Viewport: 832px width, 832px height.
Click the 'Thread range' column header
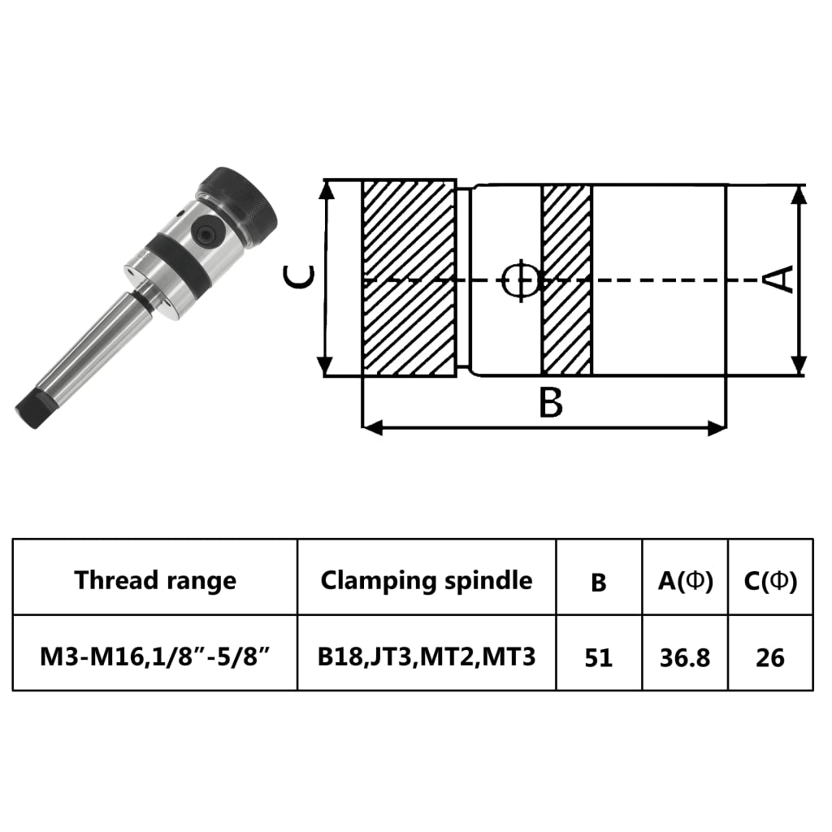(155, 580)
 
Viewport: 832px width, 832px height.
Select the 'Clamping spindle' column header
(427, 580)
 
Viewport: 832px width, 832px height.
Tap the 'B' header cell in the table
(599, 582)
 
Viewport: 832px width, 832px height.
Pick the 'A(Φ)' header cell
(685, 581)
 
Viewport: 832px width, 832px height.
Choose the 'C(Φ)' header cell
(770, 581)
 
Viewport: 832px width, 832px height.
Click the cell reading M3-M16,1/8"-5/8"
(155, 656)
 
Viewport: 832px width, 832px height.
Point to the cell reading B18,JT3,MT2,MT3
(427, 656)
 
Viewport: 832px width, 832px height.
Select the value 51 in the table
(599, 656)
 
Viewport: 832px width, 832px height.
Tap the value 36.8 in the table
(685, 656)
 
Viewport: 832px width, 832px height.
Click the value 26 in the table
(770, 656)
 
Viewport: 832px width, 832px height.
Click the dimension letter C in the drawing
(300, 279)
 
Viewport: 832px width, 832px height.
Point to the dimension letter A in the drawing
(780, 279)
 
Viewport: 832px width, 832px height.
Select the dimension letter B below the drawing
(551, 403)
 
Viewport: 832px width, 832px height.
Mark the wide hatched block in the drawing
(408, 279)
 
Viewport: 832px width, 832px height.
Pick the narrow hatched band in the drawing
(566, 279)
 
